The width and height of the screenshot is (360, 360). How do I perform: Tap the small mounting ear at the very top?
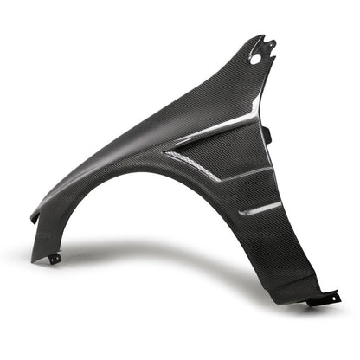click(270, 44)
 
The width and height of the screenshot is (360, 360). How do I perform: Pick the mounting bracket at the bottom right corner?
click(325, 298)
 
